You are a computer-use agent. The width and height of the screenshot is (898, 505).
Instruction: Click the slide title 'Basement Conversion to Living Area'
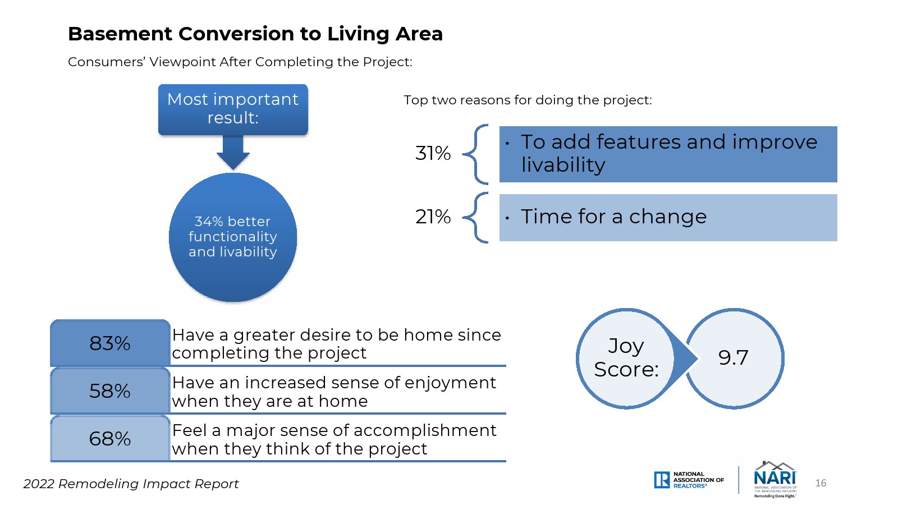(x=255, y=34)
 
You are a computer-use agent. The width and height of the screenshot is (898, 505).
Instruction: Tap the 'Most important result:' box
(x=233, y=109)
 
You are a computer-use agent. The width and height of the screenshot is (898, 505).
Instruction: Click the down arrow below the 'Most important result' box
(x=233, y=152)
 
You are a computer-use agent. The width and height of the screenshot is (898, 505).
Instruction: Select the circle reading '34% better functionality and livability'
(x=233, y=237)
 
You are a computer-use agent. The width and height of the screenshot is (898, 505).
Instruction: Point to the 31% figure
(x=433, y=154)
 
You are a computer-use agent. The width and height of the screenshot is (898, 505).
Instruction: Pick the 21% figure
(x=433, y=217)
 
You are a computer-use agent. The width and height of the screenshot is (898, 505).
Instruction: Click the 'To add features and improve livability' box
(x=668, y=154)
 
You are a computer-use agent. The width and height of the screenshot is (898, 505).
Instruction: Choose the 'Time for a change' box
(x=668, y=218)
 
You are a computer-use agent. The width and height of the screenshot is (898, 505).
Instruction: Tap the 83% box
(x=110, y=343)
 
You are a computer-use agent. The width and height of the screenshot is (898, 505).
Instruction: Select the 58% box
(x=110, y=391)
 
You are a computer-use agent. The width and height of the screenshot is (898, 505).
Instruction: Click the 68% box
(x=110, y=438)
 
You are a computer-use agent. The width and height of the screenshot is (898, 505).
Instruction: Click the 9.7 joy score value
(x=733, y=357)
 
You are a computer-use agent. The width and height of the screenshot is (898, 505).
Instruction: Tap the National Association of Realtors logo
(x=689, y=480)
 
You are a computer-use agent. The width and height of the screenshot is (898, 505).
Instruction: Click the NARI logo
(x=775, y=479)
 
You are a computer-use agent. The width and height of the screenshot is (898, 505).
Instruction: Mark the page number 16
(x=821, y=483)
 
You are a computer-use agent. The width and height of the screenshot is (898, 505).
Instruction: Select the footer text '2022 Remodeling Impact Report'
(x=131, y=484)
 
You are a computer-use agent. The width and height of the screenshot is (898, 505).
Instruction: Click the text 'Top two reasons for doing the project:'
(x=528, y=100)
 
